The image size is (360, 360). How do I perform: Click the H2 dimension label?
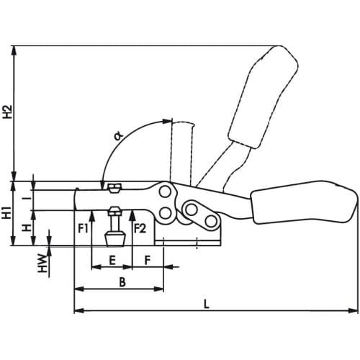(8, 112)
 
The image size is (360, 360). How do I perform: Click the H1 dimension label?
(7, 212)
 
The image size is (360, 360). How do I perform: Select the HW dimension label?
(42, 264)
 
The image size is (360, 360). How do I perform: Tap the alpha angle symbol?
(118, 136)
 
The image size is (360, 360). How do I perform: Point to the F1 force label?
(83, 228)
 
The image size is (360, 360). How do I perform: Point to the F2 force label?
(140, 228)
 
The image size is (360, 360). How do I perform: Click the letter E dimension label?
(112, 261)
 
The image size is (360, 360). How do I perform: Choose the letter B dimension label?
(122, 282)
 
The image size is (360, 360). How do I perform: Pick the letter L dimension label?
(207, 304)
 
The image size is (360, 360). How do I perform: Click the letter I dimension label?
(29, 198)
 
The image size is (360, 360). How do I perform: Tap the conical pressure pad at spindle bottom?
(115, 239)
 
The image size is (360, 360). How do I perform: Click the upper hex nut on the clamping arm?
(114, 188)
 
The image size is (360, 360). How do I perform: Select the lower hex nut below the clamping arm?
(114, 211)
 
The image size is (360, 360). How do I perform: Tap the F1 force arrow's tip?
(91, 211)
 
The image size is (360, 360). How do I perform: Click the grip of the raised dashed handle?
(264, 96)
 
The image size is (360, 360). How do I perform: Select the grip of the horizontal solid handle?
(305, 202)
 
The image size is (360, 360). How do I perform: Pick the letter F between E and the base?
(148, 261)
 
